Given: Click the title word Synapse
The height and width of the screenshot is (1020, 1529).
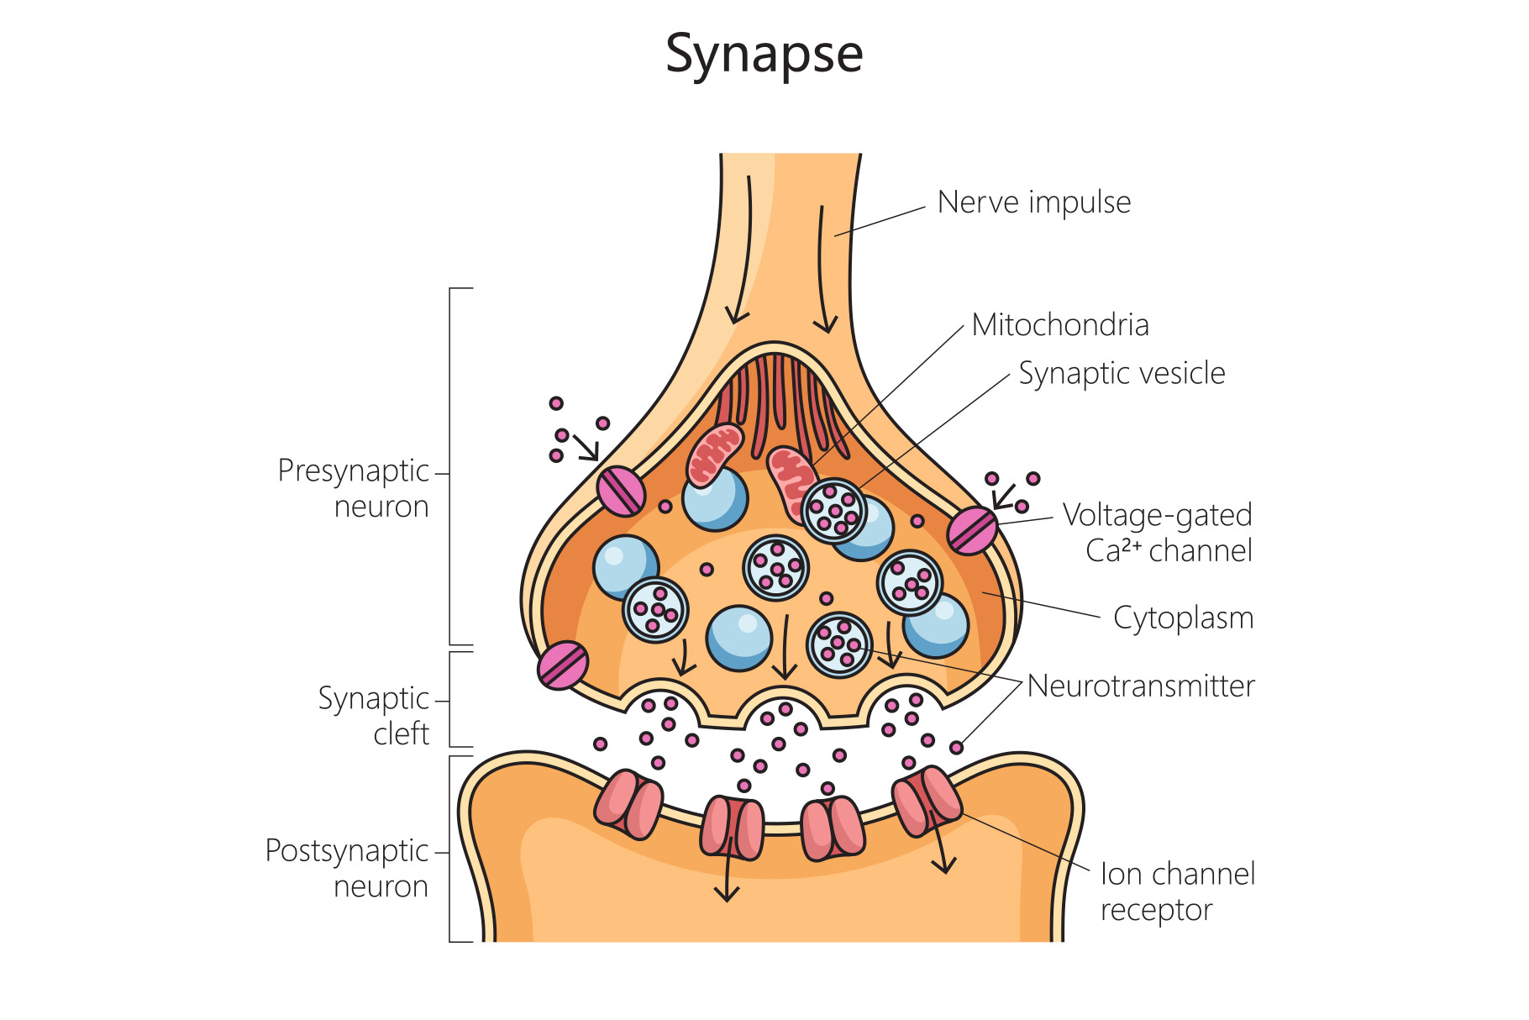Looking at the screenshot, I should click(764, 55).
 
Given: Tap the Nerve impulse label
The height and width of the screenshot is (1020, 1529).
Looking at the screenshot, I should click(1033, 202).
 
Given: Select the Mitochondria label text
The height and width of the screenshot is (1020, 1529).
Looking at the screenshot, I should click(1059, 325).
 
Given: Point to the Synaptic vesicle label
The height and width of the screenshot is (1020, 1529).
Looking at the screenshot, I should click(1122, 373).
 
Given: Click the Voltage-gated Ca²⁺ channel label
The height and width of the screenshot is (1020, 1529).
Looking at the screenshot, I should click(1157, 533).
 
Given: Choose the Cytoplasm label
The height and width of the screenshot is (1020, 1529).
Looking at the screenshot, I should click(1183, 618).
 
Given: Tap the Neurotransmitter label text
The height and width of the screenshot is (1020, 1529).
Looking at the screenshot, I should click(1140, 686).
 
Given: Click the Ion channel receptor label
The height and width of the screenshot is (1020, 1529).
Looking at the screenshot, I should click(1177, 891).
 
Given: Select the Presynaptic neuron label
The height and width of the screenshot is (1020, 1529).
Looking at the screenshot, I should click(354, 488).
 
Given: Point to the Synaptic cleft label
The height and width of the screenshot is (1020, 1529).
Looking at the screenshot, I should click(375, 716).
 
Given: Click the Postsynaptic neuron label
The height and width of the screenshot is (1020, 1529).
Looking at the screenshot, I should click(348, 868).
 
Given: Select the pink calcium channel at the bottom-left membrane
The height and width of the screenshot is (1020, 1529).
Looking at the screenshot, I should click(562, 665).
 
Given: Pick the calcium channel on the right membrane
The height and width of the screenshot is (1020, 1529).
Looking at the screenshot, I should click(973, 531).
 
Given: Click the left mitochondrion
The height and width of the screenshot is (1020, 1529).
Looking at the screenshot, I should click(715, 455).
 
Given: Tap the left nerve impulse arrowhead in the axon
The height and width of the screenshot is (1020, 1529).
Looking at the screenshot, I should click(737, 316).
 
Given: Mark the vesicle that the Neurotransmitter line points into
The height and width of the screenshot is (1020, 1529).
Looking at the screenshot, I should click(839, 644).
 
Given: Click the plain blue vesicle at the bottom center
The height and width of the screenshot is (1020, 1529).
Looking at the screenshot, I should click(739, 638).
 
